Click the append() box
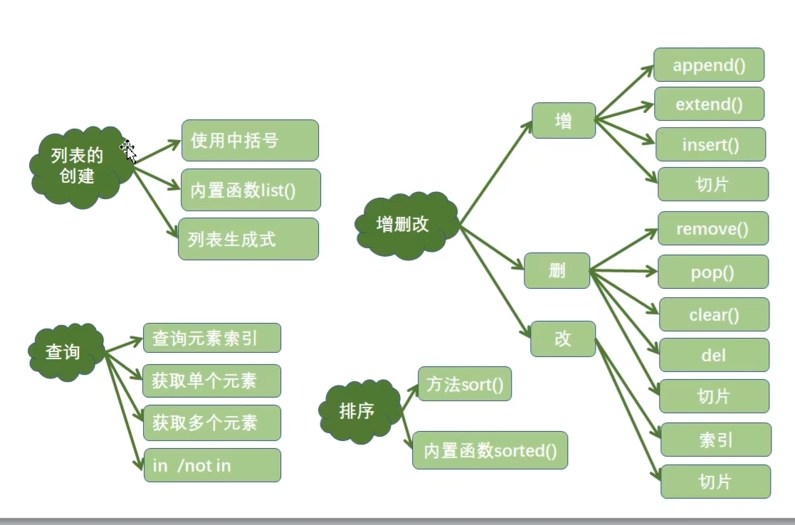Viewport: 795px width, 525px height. (708, 65)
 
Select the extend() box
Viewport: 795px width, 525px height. (708, 105)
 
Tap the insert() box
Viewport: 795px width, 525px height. (710, 145)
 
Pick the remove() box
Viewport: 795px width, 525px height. (712, 228)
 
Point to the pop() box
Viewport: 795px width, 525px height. (712, 272)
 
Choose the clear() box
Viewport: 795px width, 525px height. (714, 314)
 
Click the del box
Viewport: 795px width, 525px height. (714, 354)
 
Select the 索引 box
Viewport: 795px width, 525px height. (715, 440)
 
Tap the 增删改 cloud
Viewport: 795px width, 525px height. (404, 224)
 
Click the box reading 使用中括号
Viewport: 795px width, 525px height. (249, 140)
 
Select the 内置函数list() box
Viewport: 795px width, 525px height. (251, 190)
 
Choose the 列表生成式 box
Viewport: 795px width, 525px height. (248, 239)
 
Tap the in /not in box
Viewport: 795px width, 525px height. (212, 465)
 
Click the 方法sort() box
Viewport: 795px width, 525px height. (464, 384)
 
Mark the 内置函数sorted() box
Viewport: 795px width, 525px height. (490, 450)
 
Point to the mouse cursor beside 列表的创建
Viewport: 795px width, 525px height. (128, 150)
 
